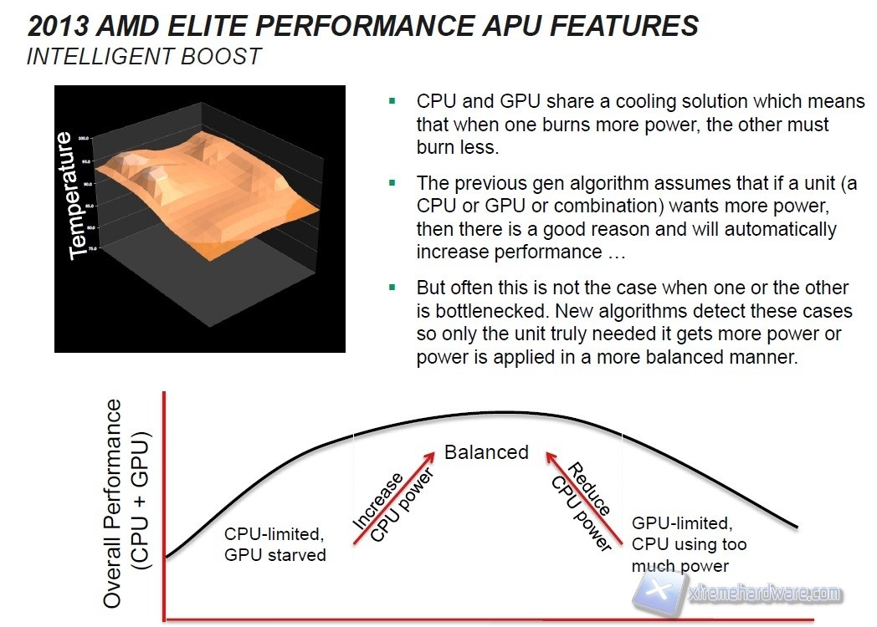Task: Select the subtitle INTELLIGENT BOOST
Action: (x=144, y=57)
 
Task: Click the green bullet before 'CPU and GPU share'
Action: (x=391, y=100)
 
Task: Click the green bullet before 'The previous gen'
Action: (x=391, y=181)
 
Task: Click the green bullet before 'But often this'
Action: (x=391, y=287)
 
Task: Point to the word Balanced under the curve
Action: (x=486, y=452)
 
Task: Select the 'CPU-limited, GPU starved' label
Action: (x=275, y=543)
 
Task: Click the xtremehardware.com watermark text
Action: (x=762, y=594)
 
